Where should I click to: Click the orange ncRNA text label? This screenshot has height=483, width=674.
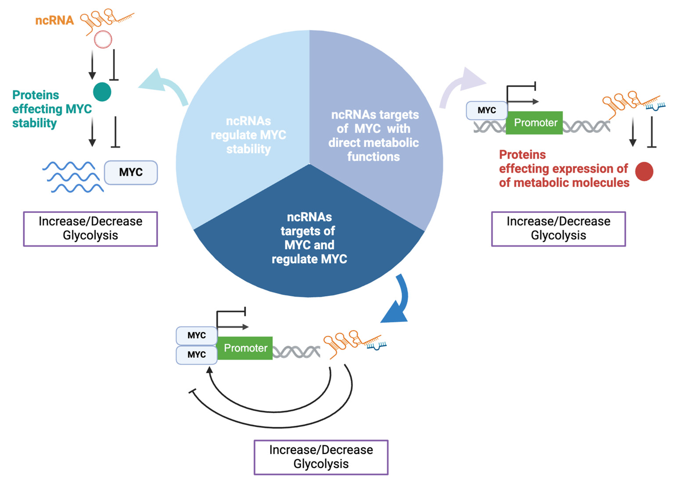click(54, 20)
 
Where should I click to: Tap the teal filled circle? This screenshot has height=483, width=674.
click(102, 92)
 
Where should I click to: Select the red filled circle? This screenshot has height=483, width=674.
click(644, 171)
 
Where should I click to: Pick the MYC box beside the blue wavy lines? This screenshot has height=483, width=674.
click(131, 172)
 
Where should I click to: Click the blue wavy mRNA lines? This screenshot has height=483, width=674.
click(73, 177)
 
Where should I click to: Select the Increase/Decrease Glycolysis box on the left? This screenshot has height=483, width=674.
click(90, 229)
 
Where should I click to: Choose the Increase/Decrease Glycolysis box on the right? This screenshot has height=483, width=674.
click(558, 229)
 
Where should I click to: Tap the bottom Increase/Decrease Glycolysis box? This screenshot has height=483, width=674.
click(321, 457)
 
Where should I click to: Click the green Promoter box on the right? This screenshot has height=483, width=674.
click(534, 123)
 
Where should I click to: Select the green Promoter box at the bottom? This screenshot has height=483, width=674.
click(245, 348)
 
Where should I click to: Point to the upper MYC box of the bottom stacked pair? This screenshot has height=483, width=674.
click(196, 336)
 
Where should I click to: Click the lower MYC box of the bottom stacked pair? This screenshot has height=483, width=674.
click(196, 354)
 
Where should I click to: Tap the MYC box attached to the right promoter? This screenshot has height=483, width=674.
click(487, 110)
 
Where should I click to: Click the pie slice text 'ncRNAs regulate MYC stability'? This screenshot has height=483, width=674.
click(248, 135)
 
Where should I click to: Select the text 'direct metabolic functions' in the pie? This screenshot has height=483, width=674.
click(374, 149)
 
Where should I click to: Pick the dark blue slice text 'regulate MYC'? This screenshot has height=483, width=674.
click(309, 259)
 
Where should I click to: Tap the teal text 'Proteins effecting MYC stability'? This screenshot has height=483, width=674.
click(52, 109)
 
